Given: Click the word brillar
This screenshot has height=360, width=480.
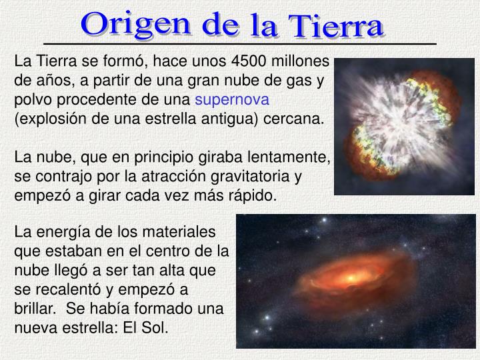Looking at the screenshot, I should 34,309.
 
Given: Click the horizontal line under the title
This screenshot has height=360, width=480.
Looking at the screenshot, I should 239,43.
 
